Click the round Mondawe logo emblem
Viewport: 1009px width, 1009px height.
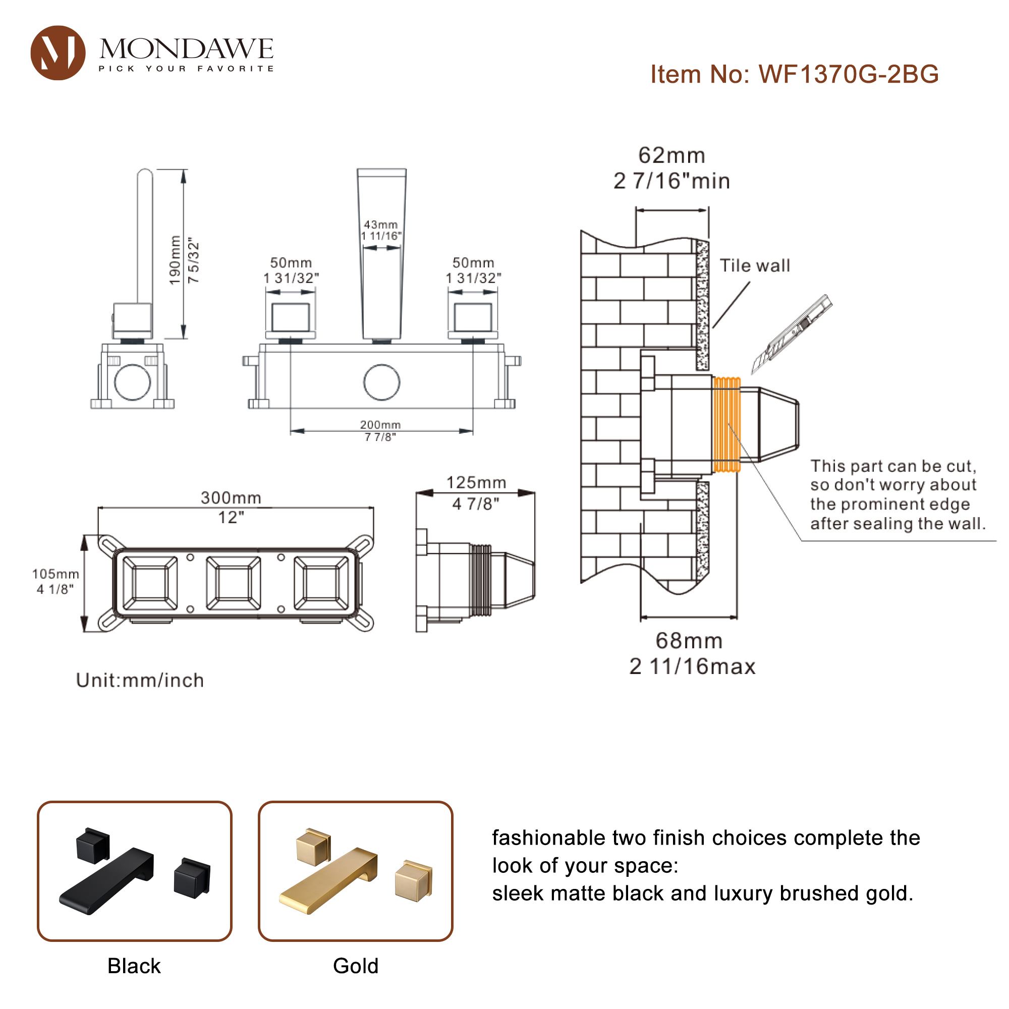coord(58,53)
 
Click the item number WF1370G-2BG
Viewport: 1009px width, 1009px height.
coord(795,74)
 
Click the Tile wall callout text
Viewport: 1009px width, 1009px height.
coord(755,265)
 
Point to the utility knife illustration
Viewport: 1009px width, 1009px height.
coord(792,333)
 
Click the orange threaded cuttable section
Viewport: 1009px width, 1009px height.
coord(726,424)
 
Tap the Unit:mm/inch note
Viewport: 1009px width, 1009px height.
coord(140,680)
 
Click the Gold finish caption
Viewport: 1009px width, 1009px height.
coord(356,966)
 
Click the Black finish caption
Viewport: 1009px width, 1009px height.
coord(134,966)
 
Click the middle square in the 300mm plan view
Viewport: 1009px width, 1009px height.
coord(234,583)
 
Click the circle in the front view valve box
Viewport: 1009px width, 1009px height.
coord(382,382)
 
